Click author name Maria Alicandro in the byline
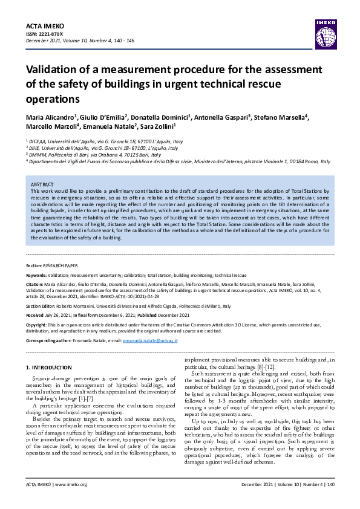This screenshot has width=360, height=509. click(50, 116)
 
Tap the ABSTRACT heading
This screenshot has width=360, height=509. click(42, 184)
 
